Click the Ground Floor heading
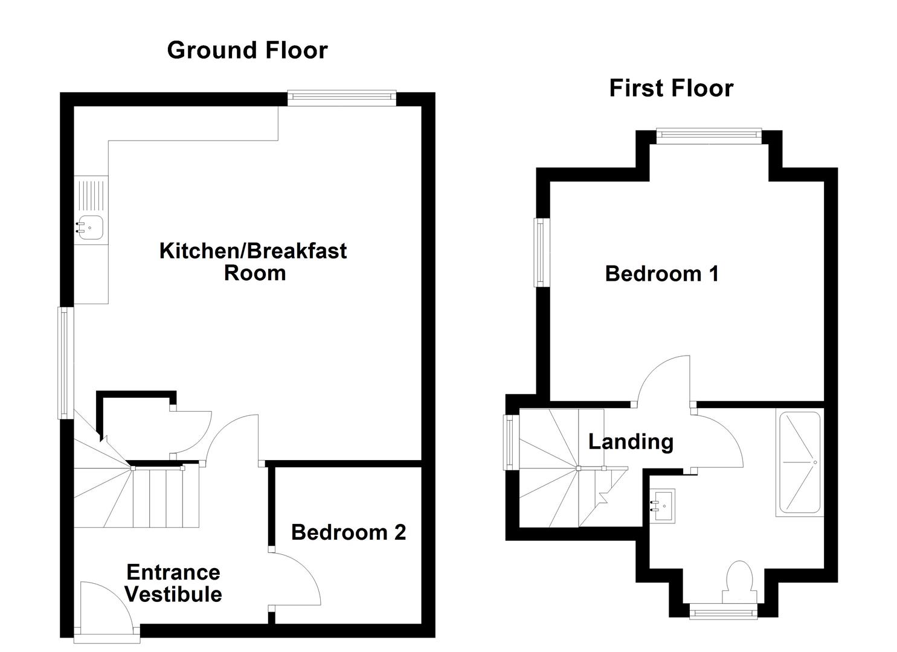tap(247, 50)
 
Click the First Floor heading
tap(671, 88)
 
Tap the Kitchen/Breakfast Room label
tap(253, 261)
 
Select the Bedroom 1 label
tap(662, 273)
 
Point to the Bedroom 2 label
tap(349, 532)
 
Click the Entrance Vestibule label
tap(173, 583)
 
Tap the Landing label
tap(631, 441)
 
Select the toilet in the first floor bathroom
tap(740, 581)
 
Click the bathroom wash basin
tap(663, 501)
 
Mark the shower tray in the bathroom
tap(799, 464)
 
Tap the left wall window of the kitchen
tap(65, 362)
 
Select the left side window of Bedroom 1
tap(541, 252)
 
